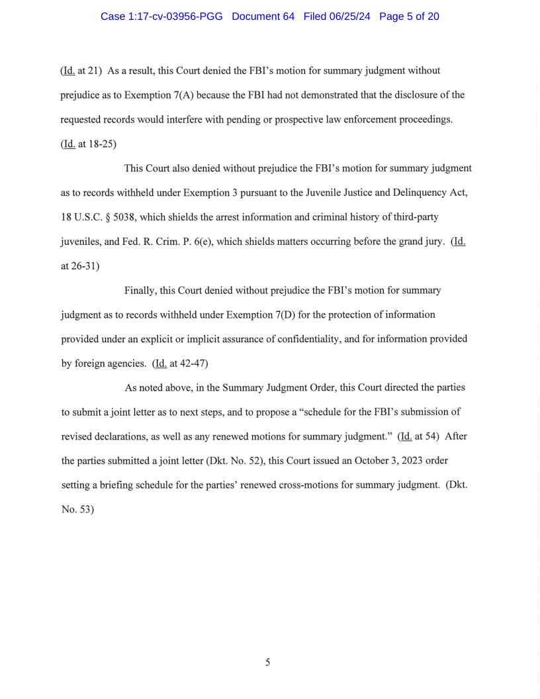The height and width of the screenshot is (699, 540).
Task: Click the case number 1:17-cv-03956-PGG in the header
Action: pos(161,17)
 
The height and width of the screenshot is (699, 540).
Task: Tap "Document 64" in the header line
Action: pos(263,17)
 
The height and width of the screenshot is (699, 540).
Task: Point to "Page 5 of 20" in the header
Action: pos(409,17)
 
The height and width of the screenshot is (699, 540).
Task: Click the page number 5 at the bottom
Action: pos(267,662)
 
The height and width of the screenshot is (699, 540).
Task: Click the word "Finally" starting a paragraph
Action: pos(140,290)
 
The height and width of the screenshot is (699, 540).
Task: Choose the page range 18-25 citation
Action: pos(99,144)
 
